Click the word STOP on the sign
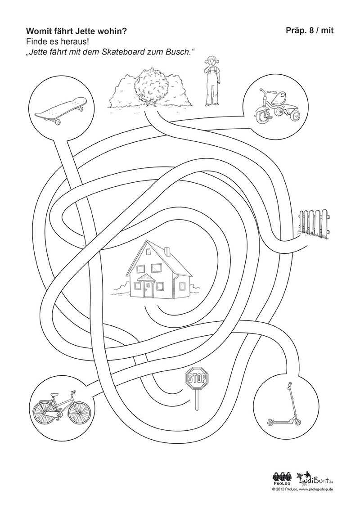pos(197,378)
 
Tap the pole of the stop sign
pos(196,400)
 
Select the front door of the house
pos(148,289)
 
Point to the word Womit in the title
pos(36,31)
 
